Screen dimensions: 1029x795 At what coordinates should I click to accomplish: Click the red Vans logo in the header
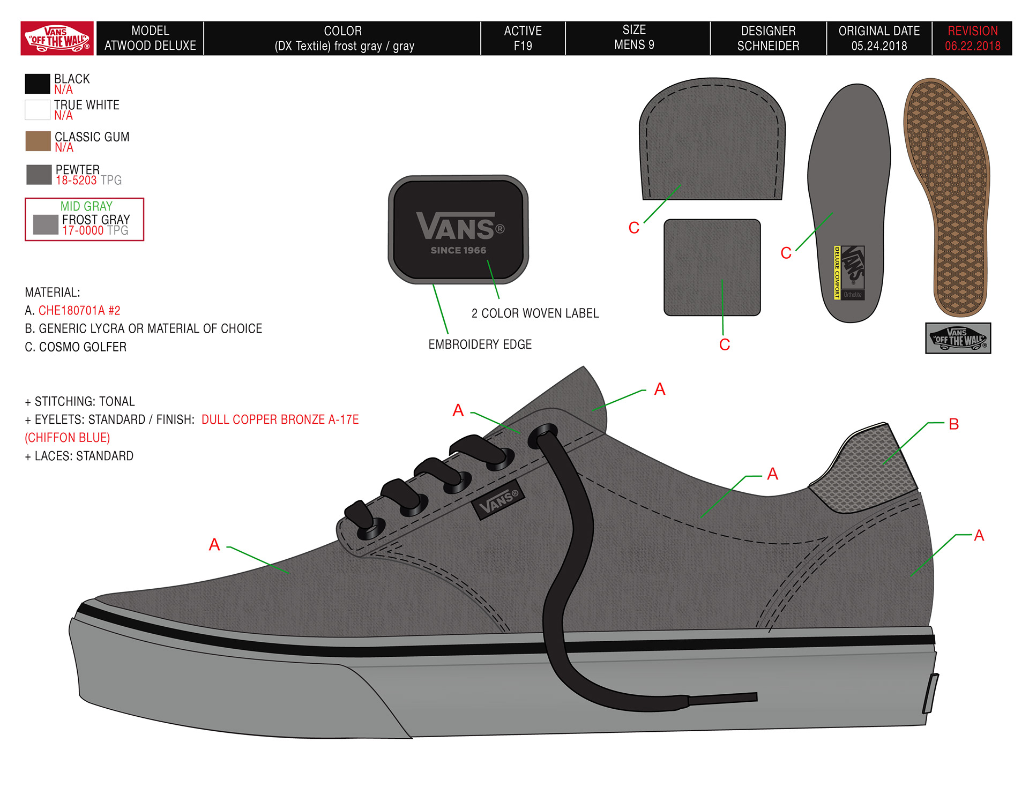[57, 39]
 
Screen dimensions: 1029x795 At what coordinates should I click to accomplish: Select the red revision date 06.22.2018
[972, 46]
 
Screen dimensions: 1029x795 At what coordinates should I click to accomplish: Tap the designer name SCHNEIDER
[768, 46]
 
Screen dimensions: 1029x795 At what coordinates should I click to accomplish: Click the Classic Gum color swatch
[38, 141]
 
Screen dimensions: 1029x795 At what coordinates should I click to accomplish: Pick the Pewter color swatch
[39, 175]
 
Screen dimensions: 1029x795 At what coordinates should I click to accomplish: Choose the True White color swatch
[38, 110]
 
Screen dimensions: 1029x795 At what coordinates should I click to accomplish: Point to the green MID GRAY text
[86, 206]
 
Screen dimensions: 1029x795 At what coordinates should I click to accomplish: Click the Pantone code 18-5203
[76, 181]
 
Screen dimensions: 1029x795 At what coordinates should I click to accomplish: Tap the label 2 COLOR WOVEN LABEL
[535, 313]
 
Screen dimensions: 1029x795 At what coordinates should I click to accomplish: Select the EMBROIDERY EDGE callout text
[480, 344]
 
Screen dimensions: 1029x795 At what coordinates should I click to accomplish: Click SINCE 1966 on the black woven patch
[458, 250]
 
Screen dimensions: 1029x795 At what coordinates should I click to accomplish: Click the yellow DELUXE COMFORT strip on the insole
[837, 272]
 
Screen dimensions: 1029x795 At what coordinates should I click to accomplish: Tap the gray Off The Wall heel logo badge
[958, 338]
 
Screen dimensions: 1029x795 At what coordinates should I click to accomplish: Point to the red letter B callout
[953, 424]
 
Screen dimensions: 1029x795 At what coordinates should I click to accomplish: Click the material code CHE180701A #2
[79, 311]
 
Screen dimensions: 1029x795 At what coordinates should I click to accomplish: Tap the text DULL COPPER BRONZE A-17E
[280, 419]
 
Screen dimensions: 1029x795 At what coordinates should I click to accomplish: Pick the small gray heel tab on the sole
[930, 693]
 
